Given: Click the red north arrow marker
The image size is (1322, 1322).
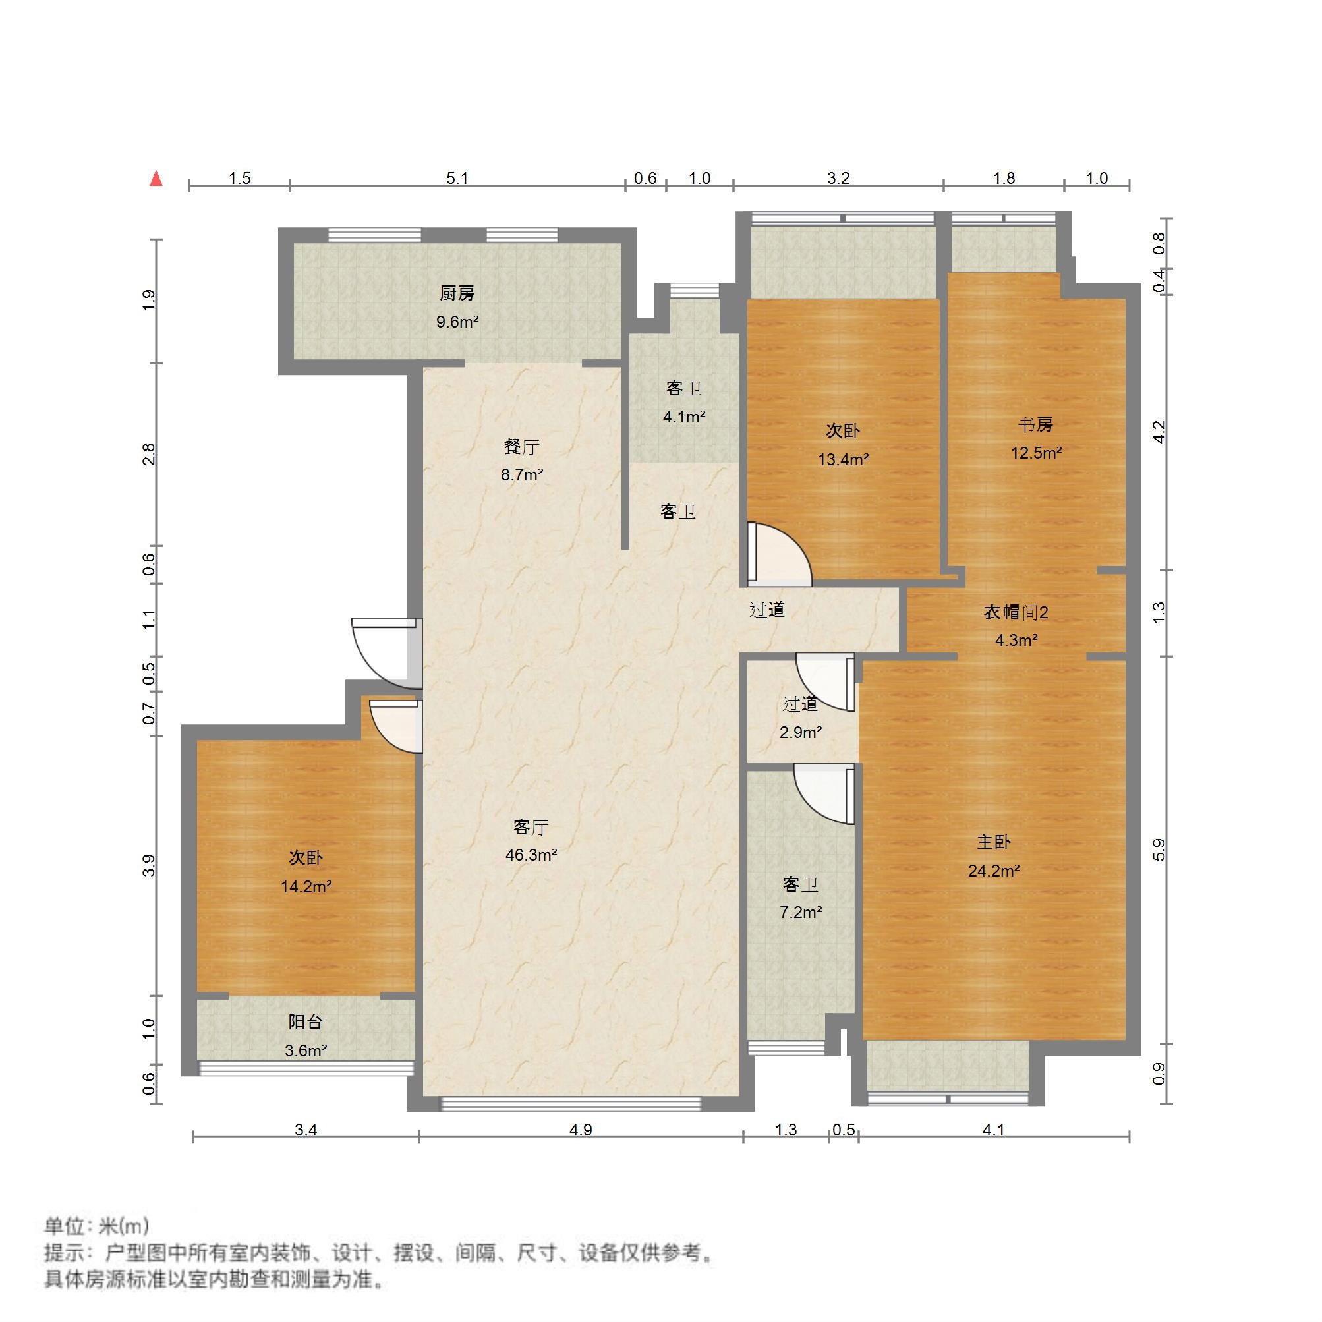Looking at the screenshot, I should coord(157,179).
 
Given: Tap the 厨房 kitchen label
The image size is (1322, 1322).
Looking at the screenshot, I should coord(457,293).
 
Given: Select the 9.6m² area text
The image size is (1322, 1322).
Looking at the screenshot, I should coord(457,322).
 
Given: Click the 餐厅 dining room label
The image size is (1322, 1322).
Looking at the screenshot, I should coord(521,447).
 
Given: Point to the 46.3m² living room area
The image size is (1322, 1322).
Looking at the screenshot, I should coord(531,855).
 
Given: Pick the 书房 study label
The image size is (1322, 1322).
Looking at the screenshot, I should coord(1035,424).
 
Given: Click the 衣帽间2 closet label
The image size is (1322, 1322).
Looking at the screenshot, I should coord(1016,612).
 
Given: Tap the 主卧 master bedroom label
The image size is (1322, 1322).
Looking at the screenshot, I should coord(994,842).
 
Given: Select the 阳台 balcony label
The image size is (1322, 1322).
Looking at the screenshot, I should coord(305,1022).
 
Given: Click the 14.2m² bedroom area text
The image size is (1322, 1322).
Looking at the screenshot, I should coord(306,887).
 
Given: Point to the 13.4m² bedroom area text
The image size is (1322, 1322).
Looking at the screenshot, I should coord(843,459).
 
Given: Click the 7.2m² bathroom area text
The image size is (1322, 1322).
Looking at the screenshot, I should coord(801,912).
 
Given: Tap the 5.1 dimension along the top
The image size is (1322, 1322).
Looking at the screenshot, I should coord(457,179).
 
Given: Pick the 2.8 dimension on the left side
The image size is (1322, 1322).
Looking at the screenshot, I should coord(148,454).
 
